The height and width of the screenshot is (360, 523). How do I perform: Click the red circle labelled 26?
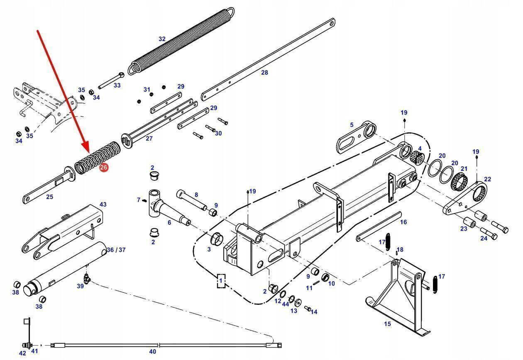(x=104, y=168)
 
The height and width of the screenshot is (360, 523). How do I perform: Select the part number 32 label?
(x=162, y=39)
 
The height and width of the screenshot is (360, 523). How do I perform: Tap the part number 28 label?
(x=264, y=72)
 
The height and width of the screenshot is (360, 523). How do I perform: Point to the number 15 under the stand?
(x=387, y=324)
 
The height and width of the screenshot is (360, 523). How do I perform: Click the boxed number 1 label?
(x=221, y=281)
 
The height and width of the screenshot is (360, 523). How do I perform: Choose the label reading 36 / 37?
(x=116, y=250)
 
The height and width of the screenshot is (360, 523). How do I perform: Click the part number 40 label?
(x=152, y=351)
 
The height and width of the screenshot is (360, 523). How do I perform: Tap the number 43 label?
(x=103, y=204)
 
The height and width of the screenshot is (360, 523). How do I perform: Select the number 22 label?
(x=487, y=179)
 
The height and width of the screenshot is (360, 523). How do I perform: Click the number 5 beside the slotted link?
(x=352, y=124)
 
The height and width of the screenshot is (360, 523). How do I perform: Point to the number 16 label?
(x=403, y=222)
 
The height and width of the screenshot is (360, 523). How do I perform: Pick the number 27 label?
(x=149, y=139)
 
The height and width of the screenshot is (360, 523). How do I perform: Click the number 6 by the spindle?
(x=169, y=222)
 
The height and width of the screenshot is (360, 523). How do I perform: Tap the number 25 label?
(x=49, y=197)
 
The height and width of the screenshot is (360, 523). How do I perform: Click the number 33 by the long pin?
(x=117, y=85)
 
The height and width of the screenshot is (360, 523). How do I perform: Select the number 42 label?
(x=22, y=353)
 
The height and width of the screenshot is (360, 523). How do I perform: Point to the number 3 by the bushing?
(x=209, y=249)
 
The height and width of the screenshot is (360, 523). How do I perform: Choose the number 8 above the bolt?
(x=196, y=195)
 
